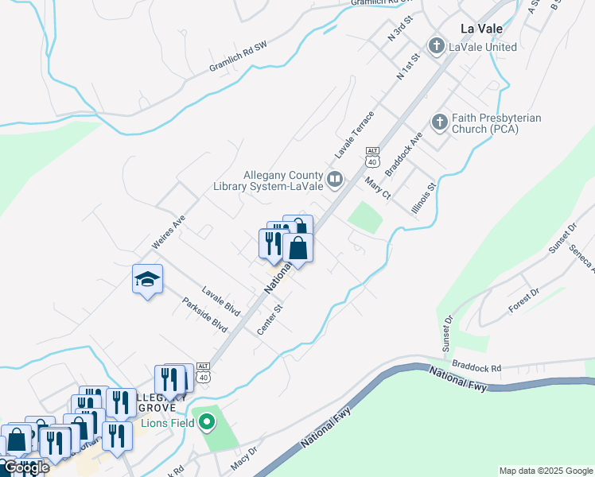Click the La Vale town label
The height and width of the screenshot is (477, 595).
483,28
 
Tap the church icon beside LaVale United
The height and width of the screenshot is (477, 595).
436,47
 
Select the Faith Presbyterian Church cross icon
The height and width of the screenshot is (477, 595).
439,123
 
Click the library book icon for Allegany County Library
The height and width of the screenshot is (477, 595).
335,179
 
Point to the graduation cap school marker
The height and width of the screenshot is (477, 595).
147,279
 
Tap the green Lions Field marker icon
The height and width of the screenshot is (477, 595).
207,422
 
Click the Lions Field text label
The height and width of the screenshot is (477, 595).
168,423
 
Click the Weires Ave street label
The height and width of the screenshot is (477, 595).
168,231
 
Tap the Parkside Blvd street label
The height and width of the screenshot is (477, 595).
204,315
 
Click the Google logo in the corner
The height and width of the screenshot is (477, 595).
25,468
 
